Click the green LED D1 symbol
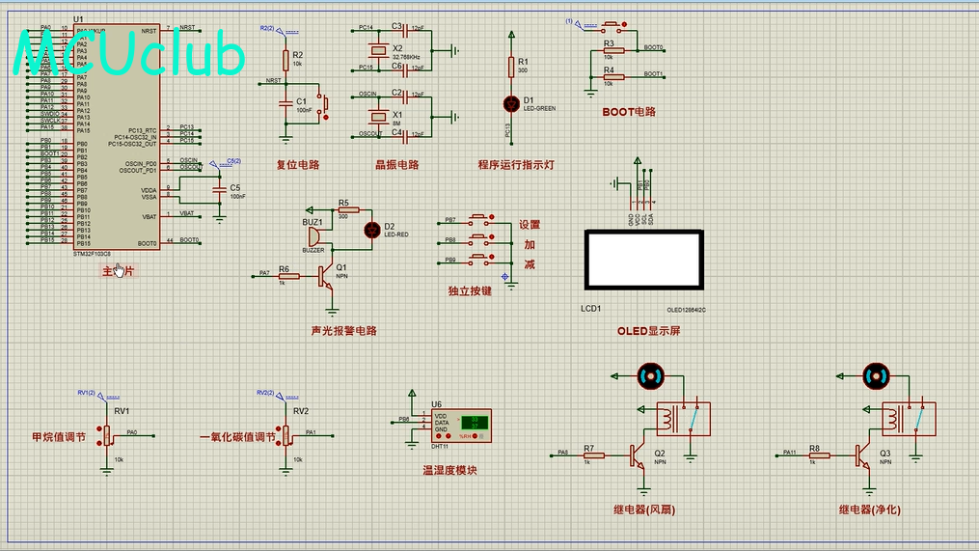pos(511,102)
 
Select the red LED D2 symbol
pos(372,229)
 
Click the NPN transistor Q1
pos(328,276)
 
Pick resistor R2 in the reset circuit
pos(285,60)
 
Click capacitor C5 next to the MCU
pos(220,191)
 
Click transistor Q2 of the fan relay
pos(638,454)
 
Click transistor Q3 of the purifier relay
pos(861,454)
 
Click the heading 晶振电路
pos(397,165)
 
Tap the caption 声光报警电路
pos(344,331)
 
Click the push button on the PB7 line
pos(480,221)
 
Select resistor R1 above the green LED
pos(511,65)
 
